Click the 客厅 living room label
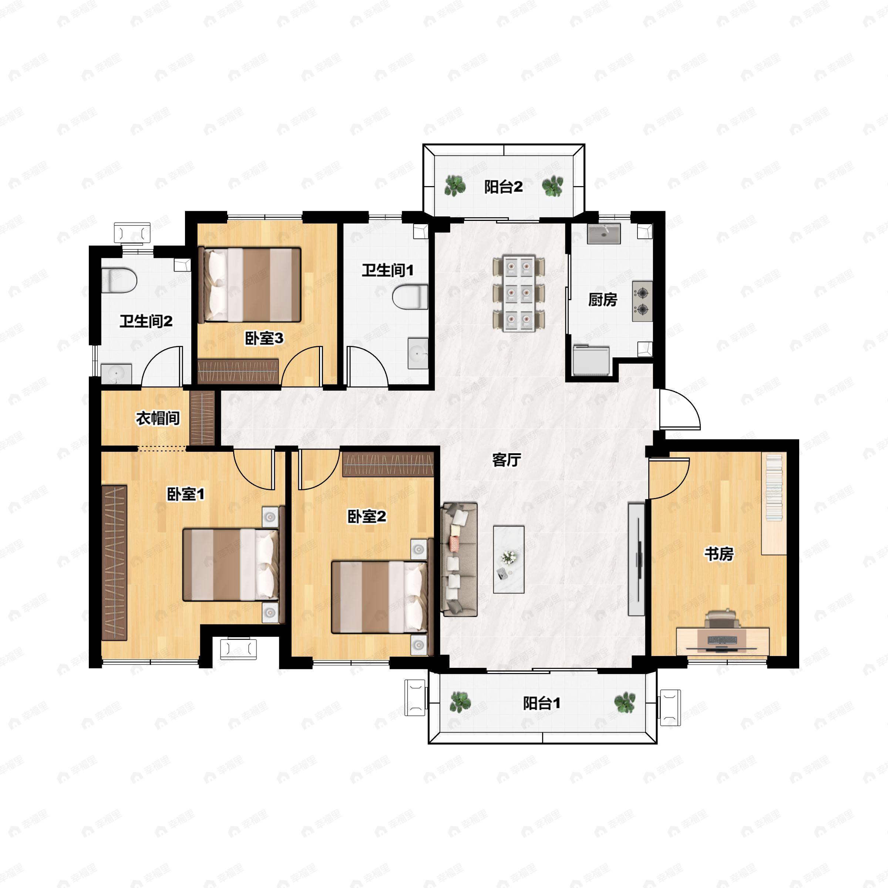tap(507, 460)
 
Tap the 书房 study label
tap(719, 554)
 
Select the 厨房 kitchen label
tap(603, 300)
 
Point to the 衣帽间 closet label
tap(158, 418)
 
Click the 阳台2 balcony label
tap(503, 187)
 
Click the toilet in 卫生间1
tap(410, 297)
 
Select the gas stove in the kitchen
tap(642, 301)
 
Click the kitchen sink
tap(604, 233)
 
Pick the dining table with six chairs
tap(519, 293)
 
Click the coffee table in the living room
tap(509, 559)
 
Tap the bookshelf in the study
tap(774, 504)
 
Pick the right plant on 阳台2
tap(552, 186)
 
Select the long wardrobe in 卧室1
tap(114, 562)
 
